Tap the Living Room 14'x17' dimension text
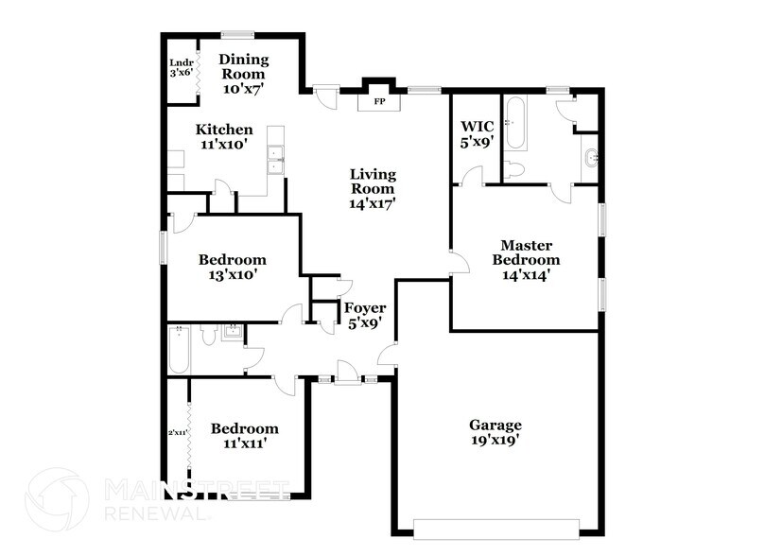click(373, 201)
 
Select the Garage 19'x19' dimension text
click(496, 440)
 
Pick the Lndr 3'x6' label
click(181, 67)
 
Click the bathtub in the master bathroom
click(516, 123)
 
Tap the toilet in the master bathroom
click(514, 169)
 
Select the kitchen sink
click(276, 159)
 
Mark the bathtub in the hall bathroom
click(179, 351)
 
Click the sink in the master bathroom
click(589, 157)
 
